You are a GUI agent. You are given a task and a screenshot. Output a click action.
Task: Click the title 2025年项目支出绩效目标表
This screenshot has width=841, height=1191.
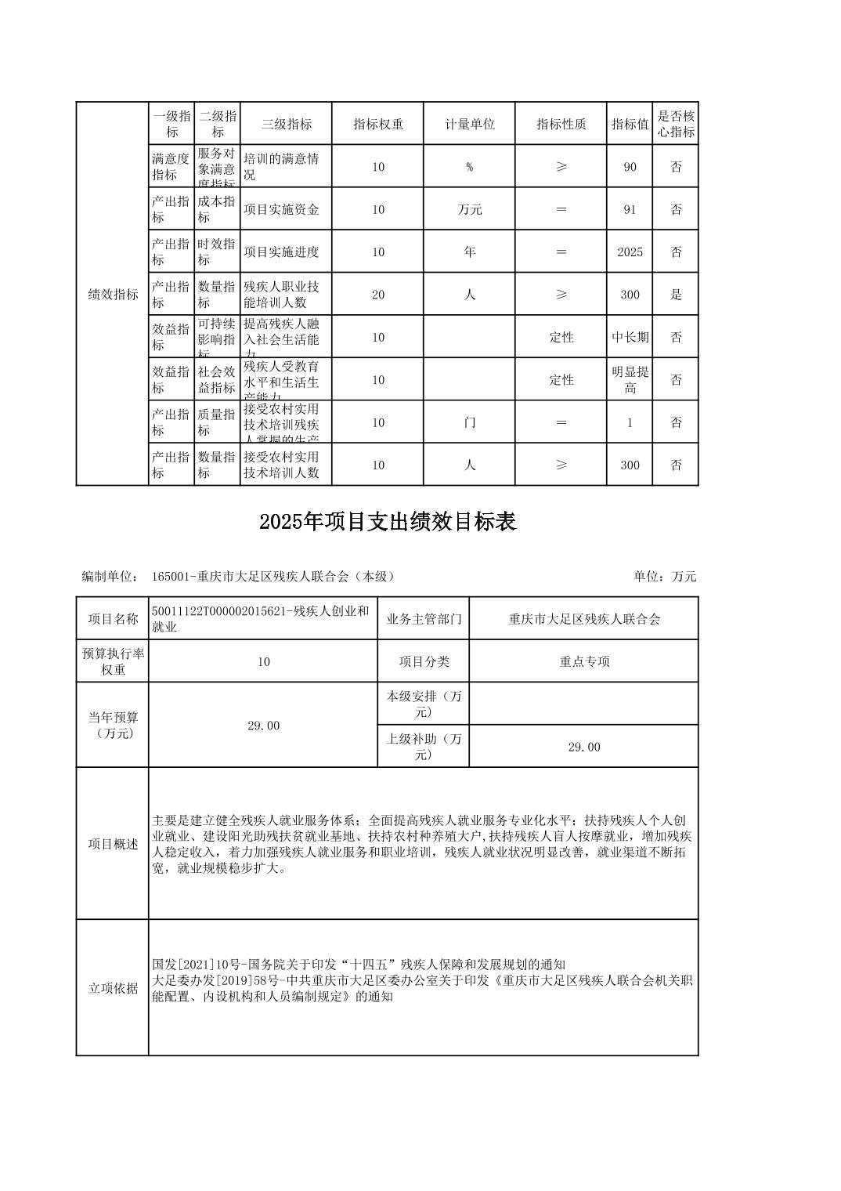click(x=388, y=522)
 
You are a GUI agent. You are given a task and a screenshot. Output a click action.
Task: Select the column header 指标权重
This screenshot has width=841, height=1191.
click(x=378, y=124)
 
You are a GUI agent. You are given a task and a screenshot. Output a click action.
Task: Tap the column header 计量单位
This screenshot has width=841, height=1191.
click(x=470, y=124)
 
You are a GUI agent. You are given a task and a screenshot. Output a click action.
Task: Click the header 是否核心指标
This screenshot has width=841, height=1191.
click(x=676, y=124)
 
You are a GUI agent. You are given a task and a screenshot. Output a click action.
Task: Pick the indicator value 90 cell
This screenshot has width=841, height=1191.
click(x=630, y=167)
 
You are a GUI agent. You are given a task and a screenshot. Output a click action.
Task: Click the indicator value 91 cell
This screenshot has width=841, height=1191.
click(x=630, y=209)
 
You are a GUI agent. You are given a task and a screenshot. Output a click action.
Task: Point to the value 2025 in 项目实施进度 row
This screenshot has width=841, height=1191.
click(x=630, y=252)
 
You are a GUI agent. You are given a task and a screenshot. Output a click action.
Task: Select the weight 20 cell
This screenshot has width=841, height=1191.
click(x=378, y=295)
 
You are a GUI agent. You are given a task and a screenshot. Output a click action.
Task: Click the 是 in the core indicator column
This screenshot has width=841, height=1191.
click(x=676, y=295)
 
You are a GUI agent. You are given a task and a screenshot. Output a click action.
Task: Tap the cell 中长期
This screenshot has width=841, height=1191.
click(x=630, y=338)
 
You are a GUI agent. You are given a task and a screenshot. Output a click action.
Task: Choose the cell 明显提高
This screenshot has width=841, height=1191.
click(x=630, y=380)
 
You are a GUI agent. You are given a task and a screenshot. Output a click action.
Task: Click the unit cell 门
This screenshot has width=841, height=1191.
click(x=470, y=423)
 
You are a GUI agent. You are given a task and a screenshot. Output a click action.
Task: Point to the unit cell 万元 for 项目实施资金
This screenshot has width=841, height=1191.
click(x=470, y=209)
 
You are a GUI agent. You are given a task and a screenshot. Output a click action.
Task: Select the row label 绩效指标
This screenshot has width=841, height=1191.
click(x=113, y=295)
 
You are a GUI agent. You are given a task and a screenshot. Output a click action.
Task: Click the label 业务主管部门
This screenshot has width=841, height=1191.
click(x=424, y=619)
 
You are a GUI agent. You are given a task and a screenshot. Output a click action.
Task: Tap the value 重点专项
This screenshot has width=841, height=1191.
click(x=584, y=661)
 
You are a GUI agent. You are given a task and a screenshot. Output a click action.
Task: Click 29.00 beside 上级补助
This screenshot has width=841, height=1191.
click(x=584, y=747)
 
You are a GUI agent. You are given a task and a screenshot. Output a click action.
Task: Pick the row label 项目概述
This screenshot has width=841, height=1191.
click(x=113, y=844)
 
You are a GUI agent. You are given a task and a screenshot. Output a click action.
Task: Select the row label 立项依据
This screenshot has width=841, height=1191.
click(x=113, y=988)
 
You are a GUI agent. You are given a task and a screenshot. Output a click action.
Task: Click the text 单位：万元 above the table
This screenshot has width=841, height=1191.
click(x=665, y=577)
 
